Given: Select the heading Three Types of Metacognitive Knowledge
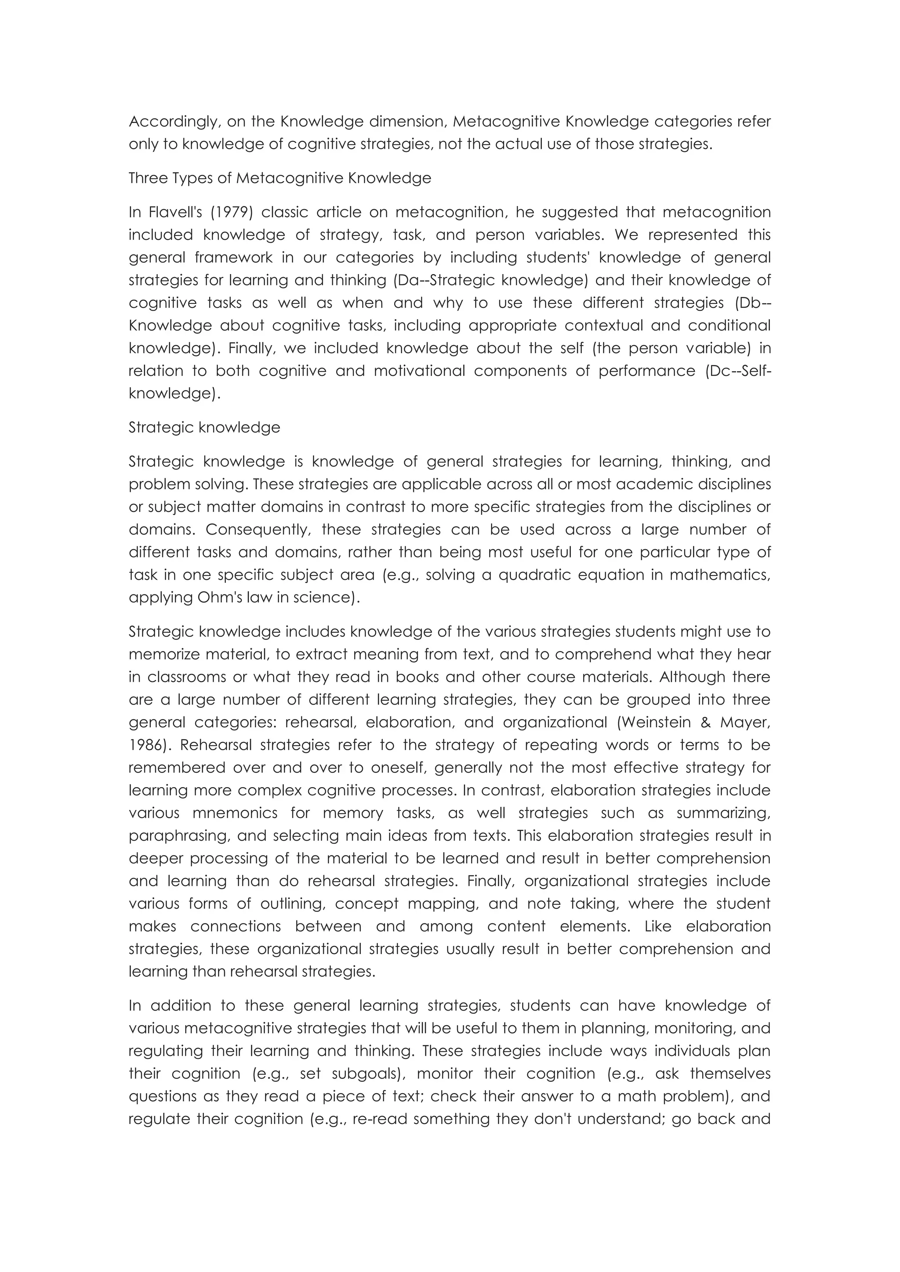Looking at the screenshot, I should pos(280,178).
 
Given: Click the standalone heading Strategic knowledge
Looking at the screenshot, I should pos(204,428).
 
